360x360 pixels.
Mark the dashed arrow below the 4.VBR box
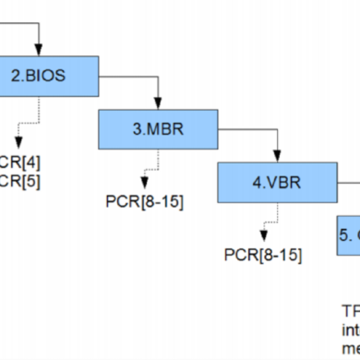(265, 224)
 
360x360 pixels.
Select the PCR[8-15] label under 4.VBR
(263, 254)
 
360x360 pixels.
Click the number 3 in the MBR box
(137, 128)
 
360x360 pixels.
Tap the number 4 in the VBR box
(256, 182)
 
